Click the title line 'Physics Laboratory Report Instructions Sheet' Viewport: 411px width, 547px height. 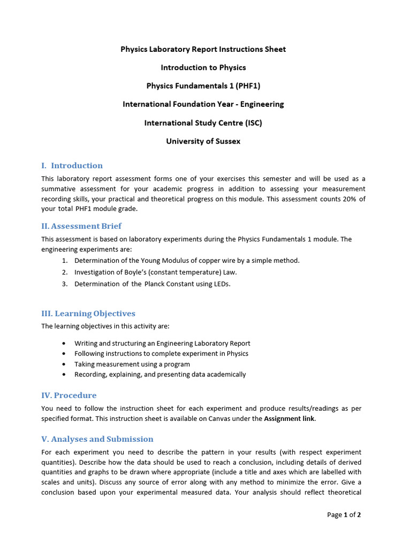pyautogui.click(x=203, y=49)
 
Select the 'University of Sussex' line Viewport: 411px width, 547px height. pyautogui.click(x=203, y=142)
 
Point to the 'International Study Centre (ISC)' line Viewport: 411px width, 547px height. pyautogui.click(x=203, y=123)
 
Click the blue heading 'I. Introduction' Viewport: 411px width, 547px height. pyautogui.click(x=72, y=166)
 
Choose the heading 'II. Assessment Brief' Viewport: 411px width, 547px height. pyautogui.click(x=81, y=226)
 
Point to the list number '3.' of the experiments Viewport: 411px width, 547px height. pyautogui.click(x=65, y=284)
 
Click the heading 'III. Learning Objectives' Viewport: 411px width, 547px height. pyautogui.click(x=88, y=314)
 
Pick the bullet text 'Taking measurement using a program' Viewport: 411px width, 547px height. pyautogui.click(x=132, y=364)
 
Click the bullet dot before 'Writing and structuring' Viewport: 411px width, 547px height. pyautogui.click(x=64, y=343)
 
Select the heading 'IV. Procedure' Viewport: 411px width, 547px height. pyautogui.click(x=69, y=395)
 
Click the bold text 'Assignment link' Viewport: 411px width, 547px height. pyautogui.click(x=289, y=419)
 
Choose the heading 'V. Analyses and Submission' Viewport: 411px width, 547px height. pyautogui.click(x=97, y=439)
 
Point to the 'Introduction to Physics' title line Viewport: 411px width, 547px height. pyautogui.click(x=203, y=68)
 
